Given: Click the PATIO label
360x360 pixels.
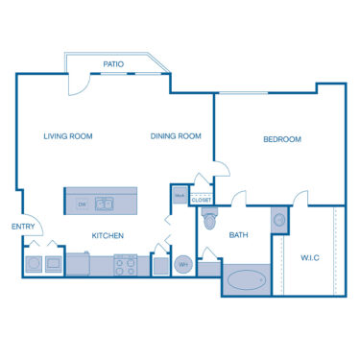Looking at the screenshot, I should pos(113,64).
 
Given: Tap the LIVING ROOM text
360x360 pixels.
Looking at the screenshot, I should pos(67,136).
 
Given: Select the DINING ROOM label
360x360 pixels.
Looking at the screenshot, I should pos(176,136).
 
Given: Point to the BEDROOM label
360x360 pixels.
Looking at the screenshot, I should pos(281,139).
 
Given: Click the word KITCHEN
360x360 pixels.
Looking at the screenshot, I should pos(108,235).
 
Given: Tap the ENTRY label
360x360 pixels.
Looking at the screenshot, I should pos(22,227).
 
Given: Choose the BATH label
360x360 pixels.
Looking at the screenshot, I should pos(239,235).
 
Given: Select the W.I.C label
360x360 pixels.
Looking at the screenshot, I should pos(309,257).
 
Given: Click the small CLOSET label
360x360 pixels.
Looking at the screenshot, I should pos(201,200).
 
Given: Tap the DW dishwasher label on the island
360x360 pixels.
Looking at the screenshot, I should pos(82,204).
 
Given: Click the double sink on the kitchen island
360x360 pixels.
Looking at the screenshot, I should pos(106,204).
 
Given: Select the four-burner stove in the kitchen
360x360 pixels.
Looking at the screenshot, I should pos(126,262).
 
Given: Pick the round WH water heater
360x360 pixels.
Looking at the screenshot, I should pos(183,264).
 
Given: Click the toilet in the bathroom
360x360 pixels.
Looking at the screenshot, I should pos(211,220).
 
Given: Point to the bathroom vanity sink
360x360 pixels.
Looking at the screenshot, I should pos(278,220).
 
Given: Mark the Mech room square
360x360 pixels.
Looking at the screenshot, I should pos(179,195).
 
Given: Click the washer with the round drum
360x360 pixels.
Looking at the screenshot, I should pos(35,262).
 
